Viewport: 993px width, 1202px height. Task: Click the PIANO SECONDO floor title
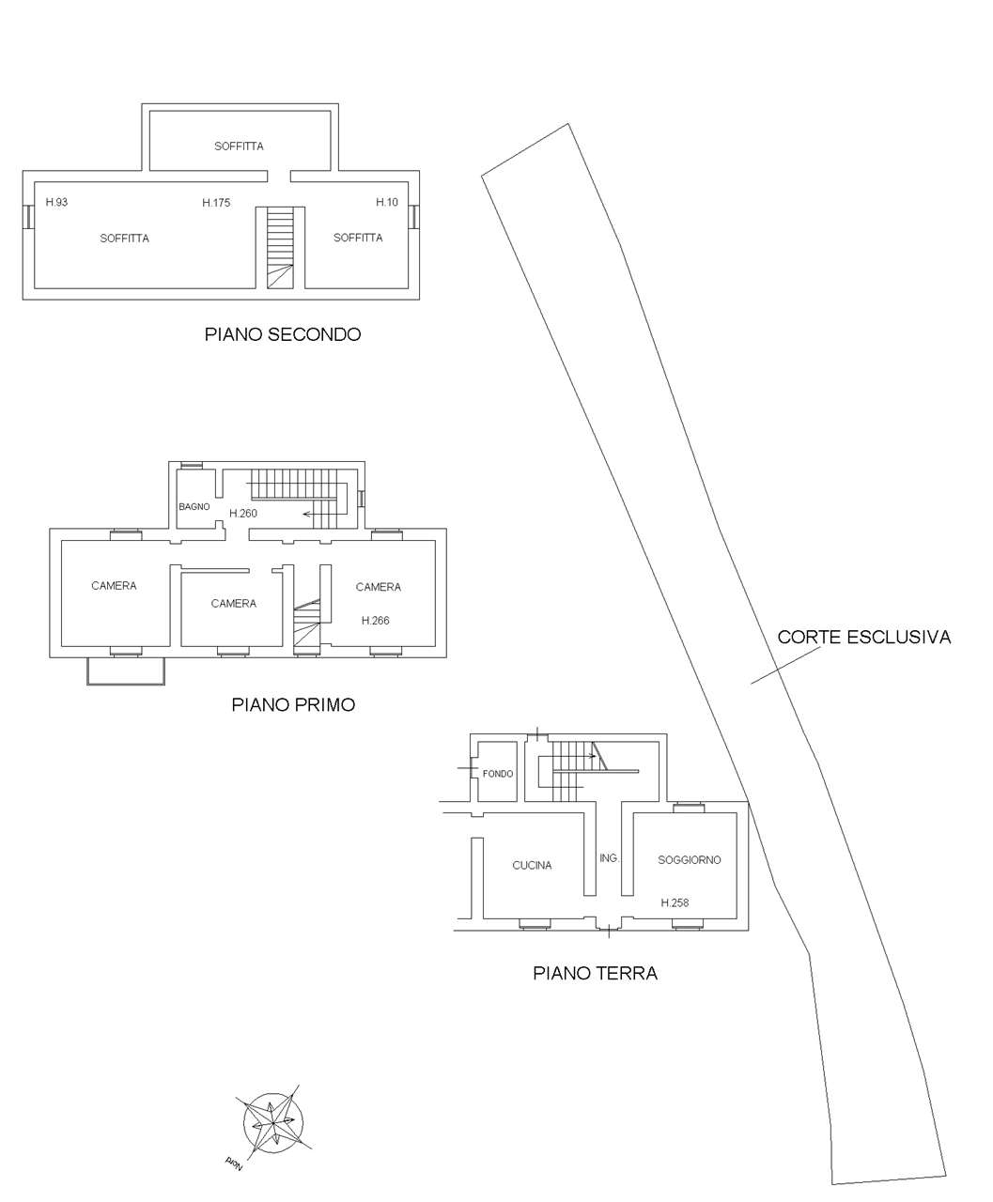pos(283,334)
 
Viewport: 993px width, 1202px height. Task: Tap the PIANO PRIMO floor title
pos(293,704)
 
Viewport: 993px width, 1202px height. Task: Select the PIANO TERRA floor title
pos(595,974)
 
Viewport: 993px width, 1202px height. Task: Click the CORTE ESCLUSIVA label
pos(863,638)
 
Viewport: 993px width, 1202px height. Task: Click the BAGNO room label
pos(194,507)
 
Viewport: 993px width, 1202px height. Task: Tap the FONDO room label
pos(498,774)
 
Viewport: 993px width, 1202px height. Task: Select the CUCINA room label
pos(532,866)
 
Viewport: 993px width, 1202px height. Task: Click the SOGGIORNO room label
pos(690,860)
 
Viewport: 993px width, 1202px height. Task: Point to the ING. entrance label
pos(609,858)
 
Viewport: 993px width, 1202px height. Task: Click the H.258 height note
pos(675,903)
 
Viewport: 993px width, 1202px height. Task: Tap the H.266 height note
pos(376,621)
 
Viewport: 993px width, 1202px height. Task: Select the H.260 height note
pos(243,514)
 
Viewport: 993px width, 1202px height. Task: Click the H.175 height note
pos(216,203)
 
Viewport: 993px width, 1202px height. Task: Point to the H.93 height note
pos(56,203)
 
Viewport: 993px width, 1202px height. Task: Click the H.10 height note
pos(387,203)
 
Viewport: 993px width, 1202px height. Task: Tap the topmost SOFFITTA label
pos(239,146)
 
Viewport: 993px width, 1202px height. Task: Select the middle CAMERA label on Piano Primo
pos(233,604)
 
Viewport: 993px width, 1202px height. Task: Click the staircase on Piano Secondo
pos(281,247)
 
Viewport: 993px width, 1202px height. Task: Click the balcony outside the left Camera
pos(126,670)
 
